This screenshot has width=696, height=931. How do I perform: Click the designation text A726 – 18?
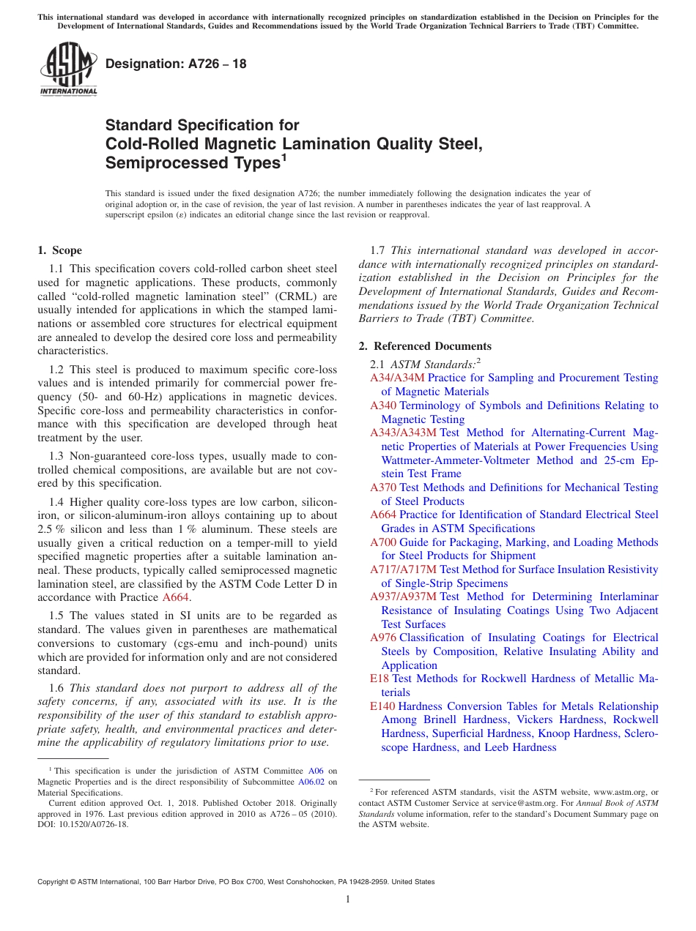(x=176, y=64)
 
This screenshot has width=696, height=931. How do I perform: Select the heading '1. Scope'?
(x=59, y=250)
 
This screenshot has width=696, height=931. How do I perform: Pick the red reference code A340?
(x=383, y=405)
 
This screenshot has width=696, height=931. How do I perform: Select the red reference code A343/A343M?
(x=403, y=433)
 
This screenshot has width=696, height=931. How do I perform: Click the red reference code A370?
(x=383, y=487)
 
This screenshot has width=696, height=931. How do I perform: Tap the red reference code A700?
(x=383, y=542)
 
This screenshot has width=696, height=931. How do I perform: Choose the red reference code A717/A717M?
(x=403, y=569)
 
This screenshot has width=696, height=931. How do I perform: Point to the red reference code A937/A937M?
(x=403, y=597)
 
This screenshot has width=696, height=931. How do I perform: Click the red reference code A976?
(x=383, y=638)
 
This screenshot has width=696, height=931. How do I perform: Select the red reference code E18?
(x=380, y=679)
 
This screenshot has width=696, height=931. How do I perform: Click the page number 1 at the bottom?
(x=348, y=899)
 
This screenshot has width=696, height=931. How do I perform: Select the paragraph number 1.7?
(x=380, y=250)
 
